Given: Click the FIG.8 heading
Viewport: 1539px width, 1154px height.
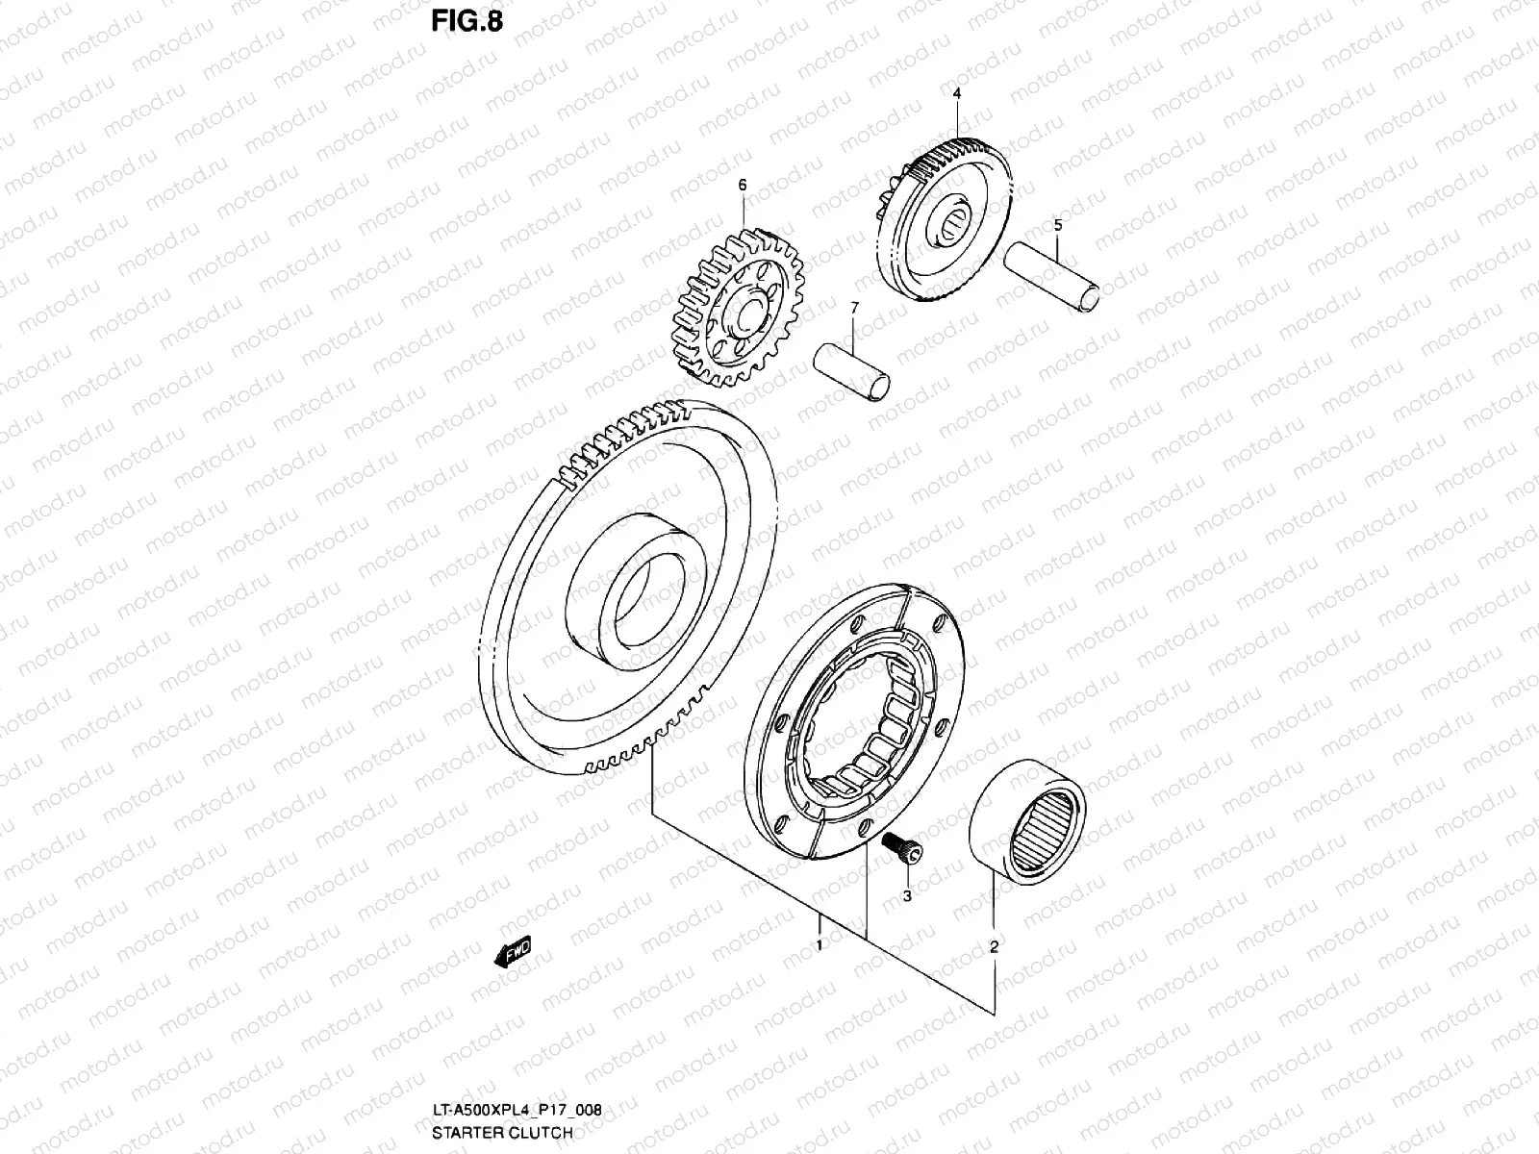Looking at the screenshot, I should pos(466,20).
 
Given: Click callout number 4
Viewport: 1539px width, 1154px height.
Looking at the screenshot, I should pos(957,93).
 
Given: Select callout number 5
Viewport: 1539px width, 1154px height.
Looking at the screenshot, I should pos(1058,225).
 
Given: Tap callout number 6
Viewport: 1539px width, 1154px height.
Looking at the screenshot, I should pos(742,184).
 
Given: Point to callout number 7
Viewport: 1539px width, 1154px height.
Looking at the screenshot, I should pos(852,306).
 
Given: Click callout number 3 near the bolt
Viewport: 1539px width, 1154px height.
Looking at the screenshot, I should pos(906,895).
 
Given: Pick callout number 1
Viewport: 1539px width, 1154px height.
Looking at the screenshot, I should pos(820,945).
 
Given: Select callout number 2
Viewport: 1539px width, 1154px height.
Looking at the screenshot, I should pos(994,946).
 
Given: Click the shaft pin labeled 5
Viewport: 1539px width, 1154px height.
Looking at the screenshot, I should pos(1050,276).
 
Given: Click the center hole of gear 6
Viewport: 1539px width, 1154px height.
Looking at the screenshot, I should pos(745,310).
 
